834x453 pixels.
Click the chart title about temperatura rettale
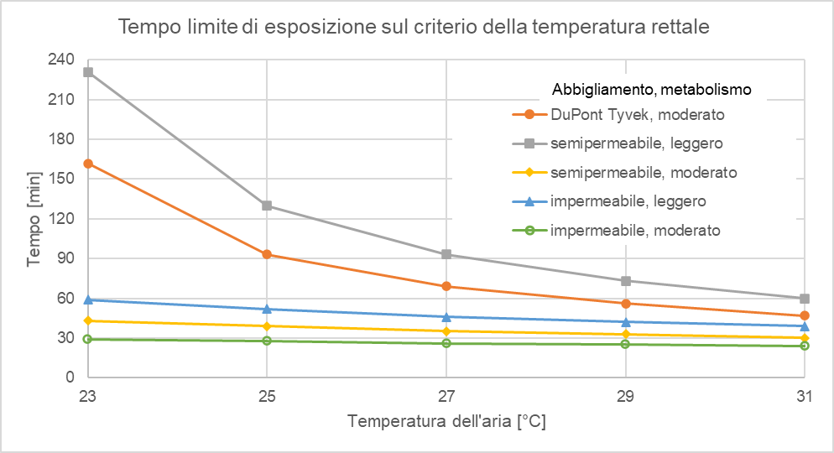pos(414,27)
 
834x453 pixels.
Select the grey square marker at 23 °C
pos(88,72)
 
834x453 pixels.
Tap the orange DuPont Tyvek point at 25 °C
pos(267,254)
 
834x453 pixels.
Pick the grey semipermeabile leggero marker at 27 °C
pos(446,254)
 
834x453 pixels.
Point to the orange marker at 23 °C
pos(88,164)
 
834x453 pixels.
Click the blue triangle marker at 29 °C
pos(625,321)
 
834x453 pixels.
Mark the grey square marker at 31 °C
pos(804,299)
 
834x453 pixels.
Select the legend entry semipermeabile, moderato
pos(644,172)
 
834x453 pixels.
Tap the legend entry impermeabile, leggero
pos(628,200)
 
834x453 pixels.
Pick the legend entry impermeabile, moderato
pos(635,229)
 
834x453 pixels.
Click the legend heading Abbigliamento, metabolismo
pos(650,88)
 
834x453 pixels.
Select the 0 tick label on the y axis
pos(70,377)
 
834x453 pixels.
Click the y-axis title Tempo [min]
pos(34,218)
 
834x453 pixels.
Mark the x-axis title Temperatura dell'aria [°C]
pos(446,421)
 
